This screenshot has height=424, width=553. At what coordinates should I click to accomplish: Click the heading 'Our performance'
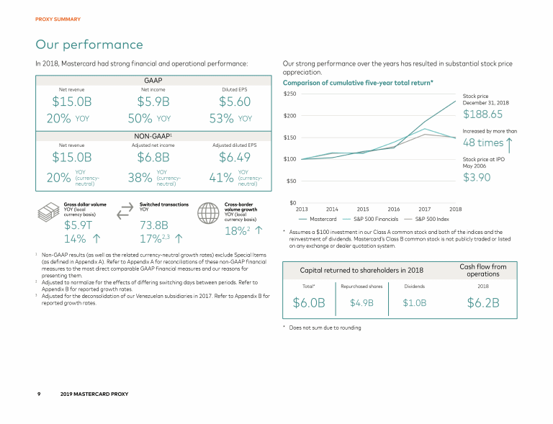coord(89,45)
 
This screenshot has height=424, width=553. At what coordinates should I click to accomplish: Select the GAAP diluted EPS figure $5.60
coord(235,102)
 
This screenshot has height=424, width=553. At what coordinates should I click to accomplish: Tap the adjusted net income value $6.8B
coord(153,156)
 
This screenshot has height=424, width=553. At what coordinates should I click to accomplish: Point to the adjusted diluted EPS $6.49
coord(235,156)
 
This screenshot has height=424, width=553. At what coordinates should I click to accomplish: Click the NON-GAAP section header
coord(153,135)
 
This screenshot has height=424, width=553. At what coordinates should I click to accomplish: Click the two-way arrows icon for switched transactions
coord(125,209)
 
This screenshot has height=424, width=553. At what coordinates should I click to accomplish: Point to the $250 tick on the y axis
coord(290,94)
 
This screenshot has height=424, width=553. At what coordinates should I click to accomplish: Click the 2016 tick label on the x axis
coord(394,209)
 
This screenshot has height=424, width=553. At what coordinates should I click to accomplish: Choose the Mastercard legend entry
coord(318,218)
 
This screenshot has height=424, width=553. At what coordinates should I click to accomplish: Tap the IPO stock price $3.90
coord(477,177)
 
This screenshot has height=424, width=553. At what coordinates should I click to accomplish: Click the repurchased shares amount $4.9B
coord(361,303)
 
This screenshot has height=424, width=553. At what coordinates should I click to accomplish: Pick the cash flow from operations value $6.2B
coord(482,302)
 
